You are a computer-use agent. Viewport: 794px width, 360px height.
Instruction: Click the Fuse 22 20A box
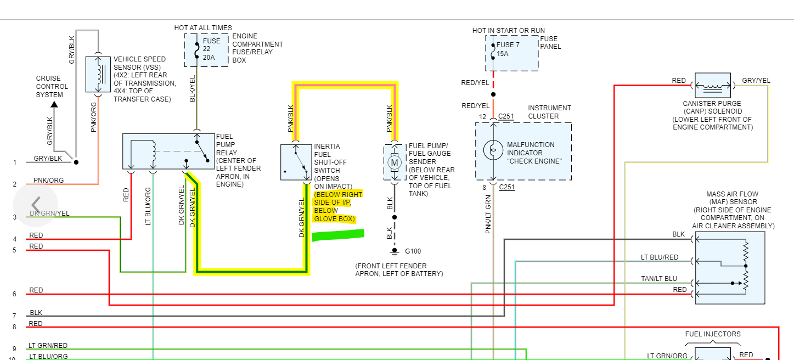(206, 50)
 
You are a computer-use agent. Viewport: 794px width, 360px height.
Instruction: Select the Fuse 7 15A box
(511, 53)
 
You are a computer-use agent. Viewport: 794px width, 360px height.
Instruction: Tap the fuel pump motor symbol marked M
(395, 162)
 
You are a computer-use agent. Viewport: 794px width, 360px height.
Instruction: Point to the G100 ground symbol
(394, 252)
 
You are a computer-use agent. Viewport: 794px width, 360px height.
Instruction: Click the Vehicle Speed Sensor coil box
(98, 74)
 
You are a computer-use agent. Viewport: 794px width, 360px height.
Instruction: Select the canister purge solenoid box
(713, 86)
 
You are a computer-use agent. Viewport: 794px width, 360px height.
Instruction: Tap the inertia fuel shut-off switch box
(296, 162)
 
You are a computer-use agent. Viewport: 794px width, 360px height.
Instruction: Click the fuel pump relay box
(168, 151)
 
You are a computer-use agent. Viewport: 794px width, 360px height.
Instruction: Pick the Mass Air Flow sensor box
(730, 268)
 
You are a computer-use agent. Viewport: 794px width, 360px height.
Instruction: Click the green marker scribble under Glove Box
(338, 235)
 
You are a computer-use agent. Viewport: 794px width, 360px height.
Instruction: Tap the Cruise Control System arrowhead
(53, 104)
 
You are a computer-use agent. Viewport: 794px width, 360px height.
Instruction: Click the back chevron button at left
(36, 205)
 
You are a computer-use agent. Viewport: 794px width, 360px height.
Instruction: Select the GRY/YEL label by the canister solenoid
(756, 81)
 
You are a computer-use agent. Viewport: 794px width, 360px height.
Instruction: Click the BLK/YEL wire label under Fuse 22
(192, 88)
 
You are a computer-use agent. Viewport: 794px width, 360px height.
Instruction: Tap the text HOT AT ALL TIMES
(203, 28)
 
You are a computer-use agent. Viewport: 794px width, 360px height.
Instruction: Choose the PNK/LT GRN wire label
(488, 214)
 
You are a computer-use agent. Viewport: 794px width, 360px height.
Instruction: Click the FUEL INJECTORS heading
(713, 334)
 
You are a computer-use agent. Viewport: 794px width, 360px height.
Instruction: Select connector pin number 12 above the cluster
(482, 117)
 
